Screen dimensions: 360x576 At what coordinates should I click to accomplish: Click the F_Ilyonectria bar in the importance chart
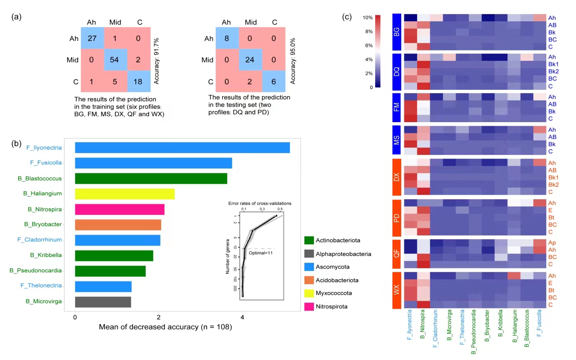click(182, 148)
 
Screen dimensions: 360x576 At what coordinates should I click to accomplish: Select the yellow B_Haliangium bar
click(124, 194)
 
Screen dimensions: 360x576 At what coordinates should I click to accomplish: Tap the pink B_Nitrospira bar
click(119, 209)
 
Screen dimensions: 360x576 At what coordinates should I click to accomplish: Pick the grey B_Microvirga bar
click(103, 301)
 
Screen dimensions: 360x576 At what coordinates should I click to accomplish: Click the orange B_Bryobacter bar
click(118, 225)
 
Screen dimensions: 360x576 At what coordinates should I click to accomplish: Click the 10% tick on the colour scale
click(367, 17)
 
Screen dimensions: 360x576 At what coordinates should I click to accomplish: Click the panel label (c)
click(347, 17)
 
